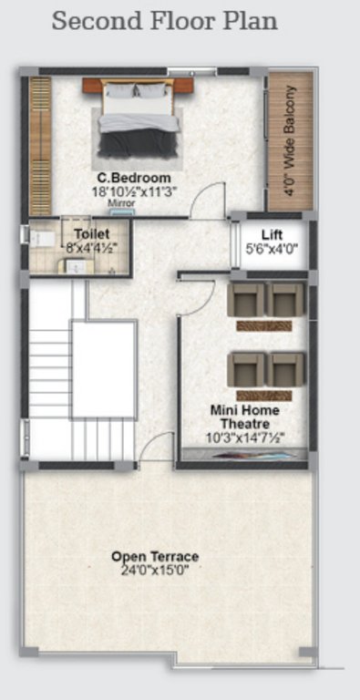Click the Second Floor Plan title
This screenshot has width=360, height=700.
pyautogui.click(x=164, y=21)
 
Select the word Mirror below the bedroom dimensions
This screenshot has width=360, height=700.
pyautogui.click(x=121, y=203)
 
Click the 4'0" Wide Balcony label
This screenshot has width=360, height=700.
pyautogui.click(x=290, y=141)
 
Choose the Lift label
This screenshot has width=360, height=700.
pyautogui.click(x=272, y=233)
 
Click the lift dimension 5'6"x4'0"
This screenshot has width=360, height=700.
pyautogui.click(x=272, y=248)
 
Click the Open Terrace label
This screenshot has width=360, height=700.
pyautogui.click(x=155, y=556)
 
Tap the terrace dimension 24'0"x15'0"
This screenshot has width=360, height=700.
pyautogui.click(x=155, y=570)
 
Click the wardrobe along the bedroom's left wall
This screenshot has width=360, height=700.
pyautogui.click(x=40, y=145)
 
